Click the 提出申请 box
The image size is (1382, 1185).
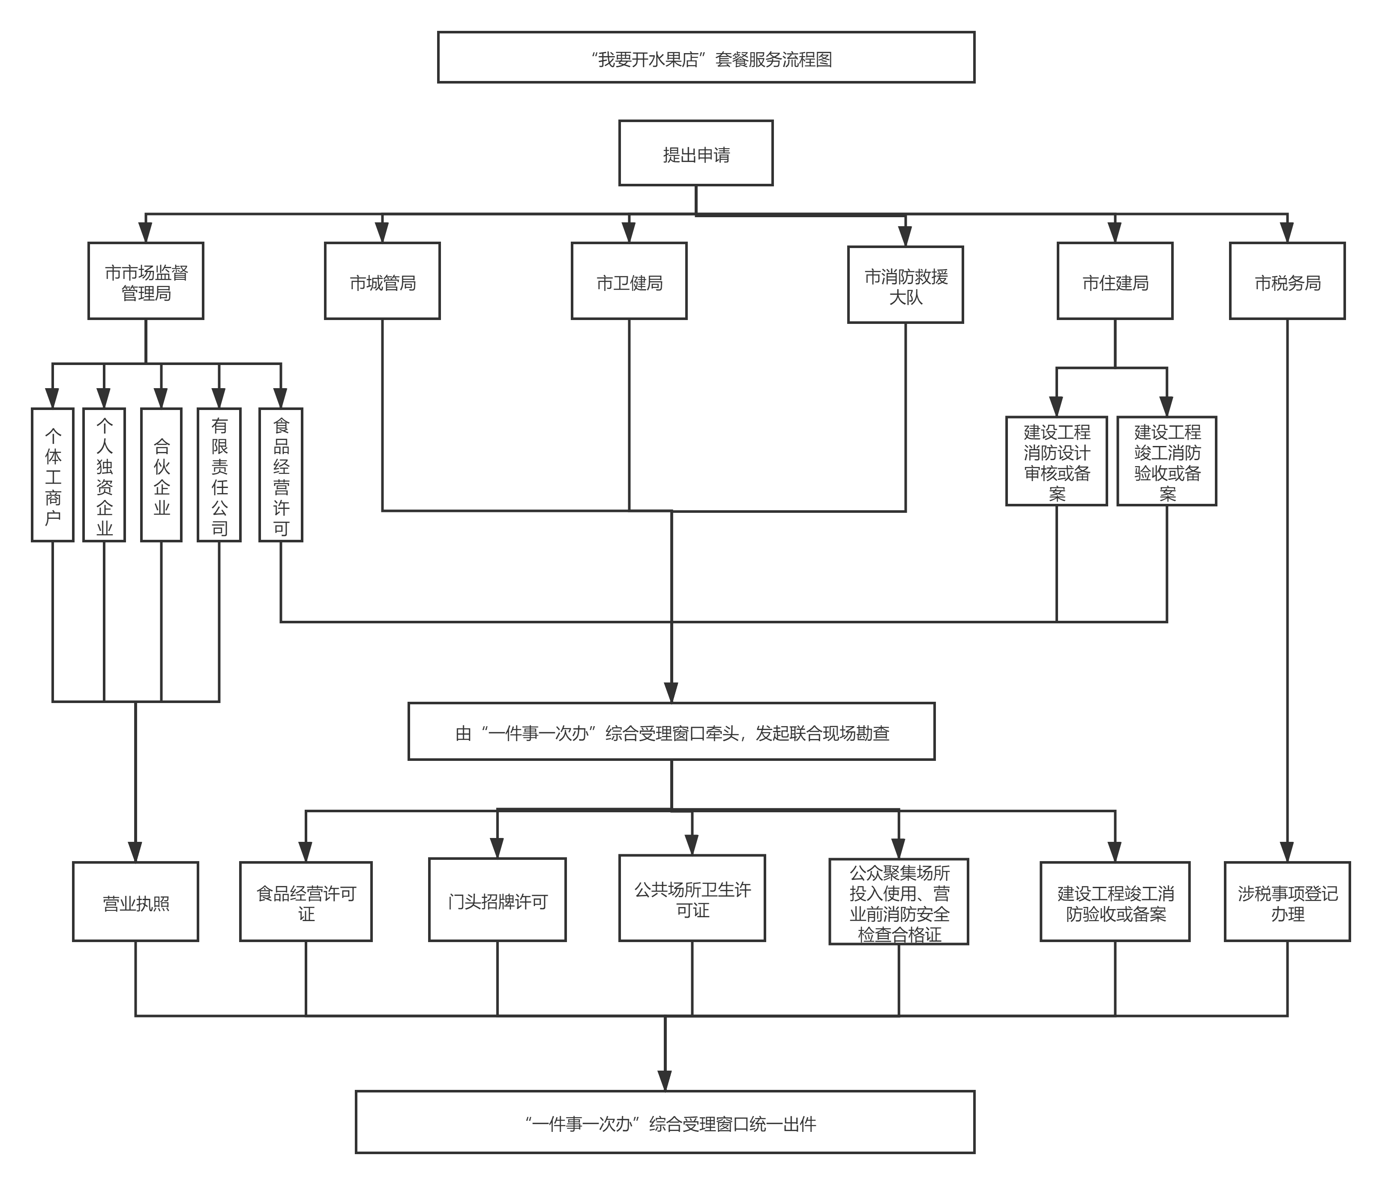tap(695, 153)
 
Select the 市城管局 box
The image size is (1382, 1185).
tap(382, 281)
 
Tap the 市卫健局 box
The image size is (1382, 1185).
tap(629, 281)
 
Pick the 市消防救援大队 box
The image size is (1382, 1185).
tap(905, 285)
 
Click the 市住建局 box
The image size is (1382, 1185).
tap(1115, 281)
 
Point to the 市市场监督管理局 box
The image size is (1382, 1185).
tap(145, 281)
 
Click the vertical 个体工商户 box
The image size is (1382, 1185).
tap(53, 475)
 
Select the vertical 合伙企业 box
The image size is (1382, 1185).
tap(162, 475)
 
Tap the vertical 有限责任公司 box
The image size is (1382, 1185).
tap(219, 475)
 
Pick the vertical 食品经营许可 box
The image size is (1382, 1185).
tap(281, 475)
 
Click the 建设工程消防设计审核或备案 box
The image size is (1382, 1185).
tap(1056, 461)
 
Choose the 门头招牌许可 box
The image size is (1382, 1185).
tap(498, 900)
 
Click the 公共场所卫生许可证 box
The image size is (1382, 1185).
tap(692, 898)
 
